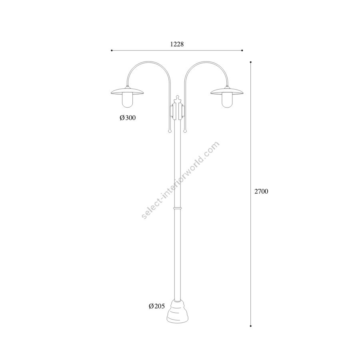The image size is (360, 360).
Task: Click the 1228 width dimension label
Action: [177, 44]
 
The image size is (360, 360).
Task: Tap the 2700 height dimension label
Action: [261, 191]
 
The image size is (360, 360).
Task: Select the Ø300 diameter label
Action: [128, 118]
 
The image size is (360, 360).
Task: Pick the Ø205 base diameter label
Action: [157, 306]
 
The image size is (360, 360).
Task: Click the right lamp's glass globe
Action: [227, 100]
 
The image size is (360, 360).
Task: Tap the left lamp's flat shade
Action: [127, 92]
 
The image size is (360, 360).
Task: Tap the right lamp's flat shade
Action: [227, 92]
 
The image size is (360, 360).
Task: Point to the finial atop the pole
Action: [177, 99]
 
